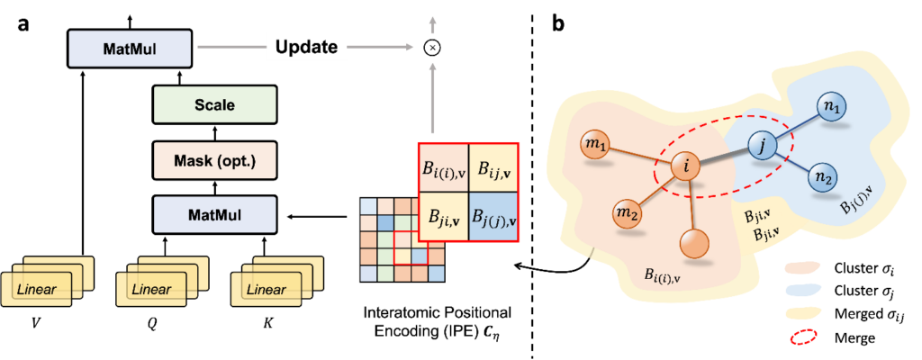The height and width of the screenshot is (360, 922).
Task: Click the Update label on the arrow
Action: [306, 47]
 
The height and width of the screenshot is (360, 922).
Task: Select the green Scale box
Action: [214, 104]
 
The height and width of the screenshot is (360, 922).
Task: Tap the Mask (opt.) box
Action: [214, 160]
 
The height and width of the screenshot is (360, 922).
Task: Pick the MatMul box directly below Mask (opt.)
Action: [214, 215]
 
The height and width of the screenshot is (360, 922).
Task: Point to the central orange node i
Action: [686, 166]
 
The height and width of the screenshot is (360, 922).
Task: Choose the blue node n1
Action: [831, 106]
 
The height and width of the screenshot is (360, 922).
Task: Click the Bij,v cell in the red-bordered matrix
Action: [493, 169]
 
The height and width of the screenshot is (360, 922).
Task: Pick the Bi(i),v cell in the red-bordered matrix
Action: [444, 169]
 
